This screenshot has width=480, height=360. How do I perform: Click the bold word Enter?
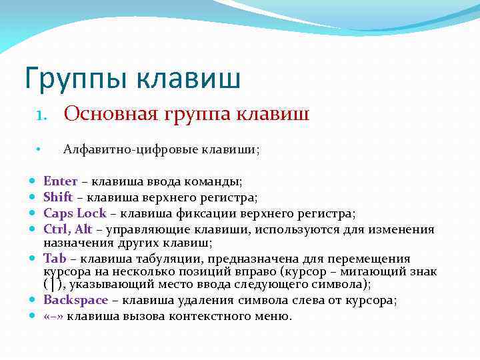click(60, 181)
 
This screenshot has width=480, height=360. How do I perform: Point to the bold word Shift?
click(58, 197)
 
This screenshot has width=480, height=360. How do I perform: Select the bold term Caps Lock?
click(75, 213)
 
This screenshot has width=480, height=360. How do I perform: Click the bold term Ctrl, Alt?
click(67, 229)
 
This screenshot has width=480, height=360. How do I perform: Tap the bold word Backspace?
click(75, 300)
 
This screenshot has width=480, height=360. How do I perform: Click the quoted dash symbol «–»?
click(53, 316)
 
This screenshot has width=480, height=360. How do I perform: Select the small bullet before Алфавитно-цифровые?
click(39, 150)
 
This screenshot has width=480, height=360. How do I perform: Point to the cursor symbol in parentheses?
click(53, 285)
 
